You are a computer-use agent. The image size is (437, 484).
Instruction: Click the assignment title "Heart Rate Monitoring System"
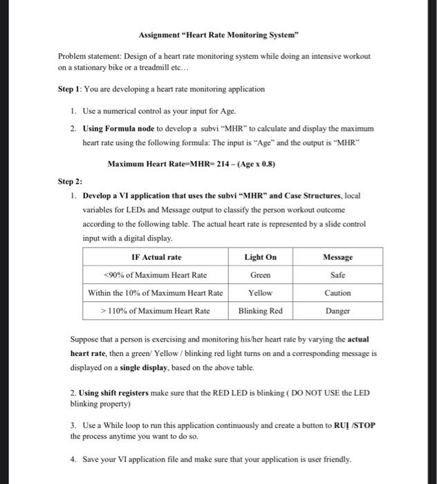point(218,35)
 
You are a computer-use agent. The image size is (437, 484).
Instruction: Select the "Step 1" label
point(71,89)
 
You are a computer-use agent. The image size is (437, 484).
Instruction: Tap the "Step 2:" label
point(71,181)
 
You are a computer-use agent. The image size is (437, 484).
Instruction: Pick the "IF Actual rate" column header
point(156,257)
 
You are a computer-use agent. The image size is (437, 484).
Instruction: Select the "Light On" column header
point(261,257)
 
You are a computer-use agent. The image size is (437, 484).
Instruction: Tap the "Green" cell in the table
point(261,275)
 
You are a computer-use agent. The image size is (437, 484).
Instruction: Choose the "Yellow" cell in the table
point(261,293)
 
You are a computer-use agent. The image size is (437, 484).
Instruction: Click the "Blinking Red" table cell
point(261,311)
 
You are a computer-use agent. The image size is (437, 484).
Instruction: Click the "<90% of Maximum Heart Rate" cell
point(156,275)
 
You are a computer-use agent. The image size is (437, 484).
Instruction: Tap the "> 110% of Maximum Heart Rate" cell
point(156,311)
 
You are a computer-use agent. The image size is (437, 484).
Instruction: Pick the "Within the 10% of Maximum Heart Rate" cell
point(156,293)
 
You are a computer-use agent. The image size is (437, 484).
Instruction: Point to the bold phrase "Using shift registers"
point(113,393)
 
